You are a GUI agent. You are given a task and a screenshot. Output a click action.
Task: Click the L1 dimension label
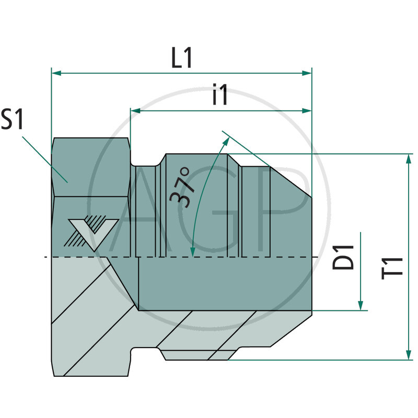(x=182, y=59)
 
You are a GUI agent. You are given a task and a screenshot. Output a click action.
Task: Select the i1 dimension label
(x=220, y=96)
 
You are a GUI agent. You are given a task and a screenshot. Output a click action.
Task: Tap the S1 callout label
(x=13, y=120)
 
